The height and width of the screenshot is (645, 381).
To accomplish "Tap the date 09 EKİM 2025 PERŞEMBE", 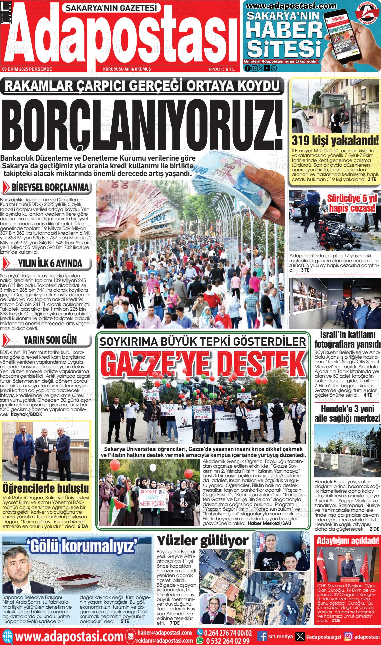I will pyautogui.click(x=27, y=69).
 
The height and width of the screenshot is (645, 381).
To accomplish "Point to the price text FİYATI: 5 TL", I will pyautogui.click(x=222, y=69).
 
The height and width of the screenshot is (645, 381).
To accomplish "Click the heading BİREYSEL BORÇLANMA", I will pyautogui.click(x=50, y=187).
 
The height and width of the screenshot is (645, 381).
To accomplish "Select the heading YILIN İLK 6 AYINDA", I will pyautogui.click(x=50, y=264).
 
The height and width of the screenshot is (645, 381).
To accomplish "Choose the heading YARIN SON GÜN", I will pyautogui.click(x=50, y=340).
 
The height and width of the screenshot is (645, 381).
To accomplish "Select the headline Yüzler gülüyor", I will pyautogui.click(x=203, y=540).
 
